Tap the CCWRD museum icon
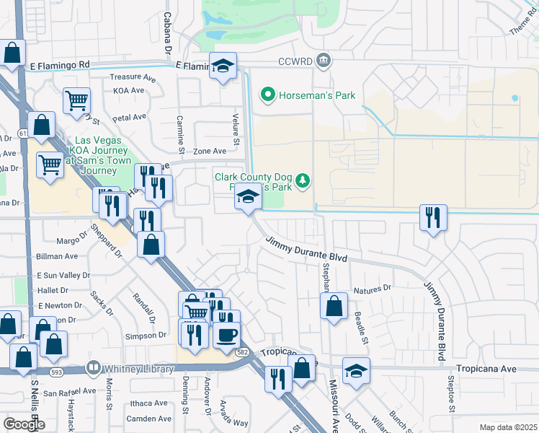324,61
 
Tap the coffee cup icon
227,334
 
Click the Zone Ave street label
210,151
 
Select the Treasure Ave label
133,77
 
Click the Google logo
24,424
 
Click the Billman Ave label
57,256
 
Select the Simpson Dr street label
146,336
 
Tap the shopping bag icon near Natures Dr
334,306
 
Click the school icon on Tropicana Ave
356,370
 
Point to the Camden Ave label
148,419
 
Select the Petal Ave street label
130,117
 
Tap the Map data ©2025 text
508,427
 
